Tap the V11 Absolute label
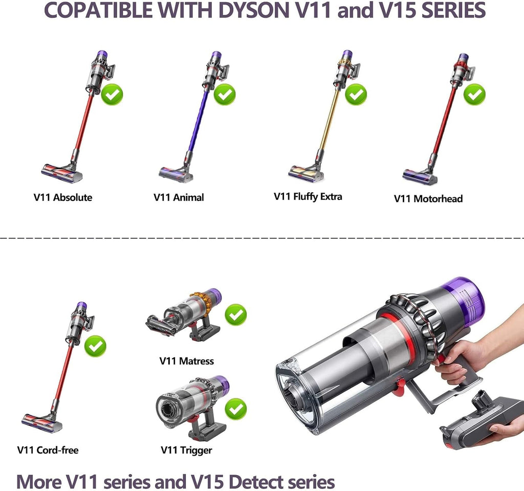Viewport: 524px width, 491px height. [x=63, y=197]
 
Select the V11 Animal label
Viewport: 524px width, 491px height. [x=179, y=197]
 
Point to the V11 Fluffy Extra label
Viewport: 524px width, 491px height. [x=308, y=197]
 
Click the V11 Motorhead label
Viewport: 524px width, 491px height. [x=428, y=199]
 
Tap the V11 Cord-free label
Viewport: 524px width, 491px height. [x=48, y=450]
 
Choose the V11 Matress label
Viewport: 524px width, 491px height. [x=186, y=361]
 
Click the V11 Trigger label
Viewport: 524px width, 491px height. [x=186, y=450]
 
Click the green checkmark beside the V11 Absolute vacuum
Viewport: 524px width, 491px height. [x=112, y=95]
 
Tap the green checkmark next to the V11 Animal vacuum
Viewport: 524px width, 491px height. [x=225, y=95]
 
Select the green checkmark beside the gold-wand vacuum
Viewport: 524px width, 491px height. [x=356, y=95]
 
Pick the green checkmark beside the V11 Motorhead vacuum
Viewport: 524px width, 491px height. [x=474, y=95]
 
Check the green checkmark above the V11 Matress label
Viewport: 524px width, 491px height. [x=236, y=315]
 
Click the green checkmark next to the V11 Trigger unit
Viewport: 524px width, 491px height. [x=236, y=409]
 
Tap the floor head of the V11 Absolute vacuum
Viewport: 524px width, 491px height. [x=62, y=172]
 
